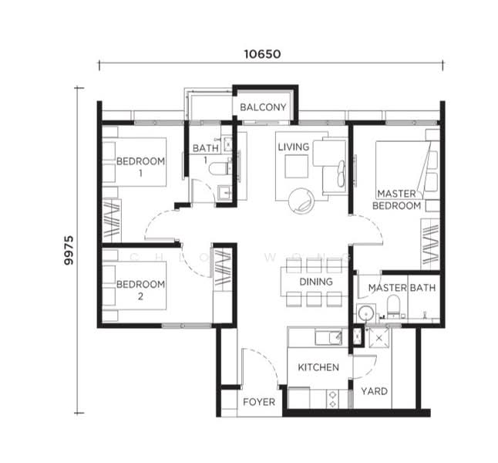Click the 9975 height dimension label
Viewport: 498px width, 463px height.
tap(69, 250)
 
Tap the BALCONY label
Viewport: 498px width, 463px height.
tap(263, 107)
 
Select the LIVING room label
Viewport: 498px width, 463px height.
tap(294, 147)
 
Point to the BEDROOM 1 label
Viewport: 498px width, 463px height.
tap(140, 167)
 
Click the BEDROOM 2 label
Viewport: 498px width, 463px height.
tap(140, 289)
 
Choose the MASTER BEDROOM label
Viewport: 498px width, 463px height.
tap(398, 200)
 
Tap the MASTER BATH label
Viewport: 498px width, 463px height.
tap(402, 288)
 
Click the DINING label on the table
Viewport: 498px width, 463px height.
tap(316, 282)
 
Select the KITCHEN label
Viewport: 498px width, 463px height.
tap(318, 367)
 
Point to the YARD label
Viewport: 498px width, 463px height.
tap(374, 391)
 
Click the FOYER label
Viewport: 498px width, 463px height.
tap(259, 402)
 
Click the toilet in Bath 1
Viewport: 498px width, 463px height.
tap(221, 167)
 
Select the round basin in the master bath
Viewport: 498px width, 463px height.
tap(367, 313)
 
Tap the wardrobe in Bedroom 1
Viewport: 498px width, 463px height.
tap(112, 221)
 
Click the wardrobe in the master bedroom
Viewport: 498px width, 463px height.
tap(430, 243)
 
